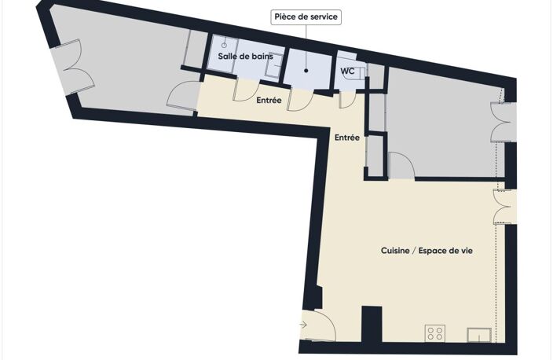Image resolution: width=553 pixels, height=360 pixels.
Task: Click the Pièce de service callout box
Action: (x=306, y=17)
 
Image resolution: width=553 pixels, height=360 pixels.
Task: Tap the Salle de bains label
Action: (x=245, y=56)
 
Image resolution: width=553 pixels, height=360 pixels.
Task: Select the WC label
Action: (x=347, y=71)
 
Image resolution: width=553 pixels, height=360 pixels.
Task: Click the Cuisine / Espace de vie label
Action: (x=427, y=251)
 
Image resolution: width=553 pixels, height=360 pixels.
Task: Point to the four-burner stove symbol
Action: (x=435, y=332)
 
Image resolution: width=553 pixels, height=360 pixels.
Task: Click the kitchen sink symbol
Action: (x=479, y=335)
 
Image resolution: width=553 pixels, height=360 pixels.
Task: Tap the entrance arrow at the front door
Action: (x=303, y=325)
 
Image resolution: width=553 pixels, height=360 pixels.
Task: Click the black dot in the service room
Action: (x=306, y=71)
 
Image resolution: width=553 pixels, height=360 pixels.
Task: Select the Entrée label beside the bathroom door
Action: (x=269, y=101)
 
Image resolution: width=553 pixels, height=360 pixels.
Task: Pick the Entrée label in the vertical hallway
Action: (x=347, y=138)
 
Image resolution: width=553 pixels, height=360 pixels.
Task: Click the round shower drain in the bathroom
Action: (x=224, y=45)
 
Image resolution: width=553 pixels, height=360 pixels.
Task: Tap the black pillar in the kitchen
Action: (x=372, y=324)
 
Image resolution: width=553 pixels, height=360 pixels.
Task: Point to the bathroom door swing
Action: (x=247, y=91)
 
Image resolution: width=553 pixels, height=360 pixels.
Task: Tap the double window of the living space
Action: (x=504, y=207)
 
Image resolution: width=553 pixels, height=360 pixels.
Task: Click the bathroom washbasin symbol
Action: (x=273, y=65)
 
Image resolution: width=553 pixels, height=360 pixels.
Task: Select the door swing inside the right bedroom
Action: (x=402, y=165)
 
